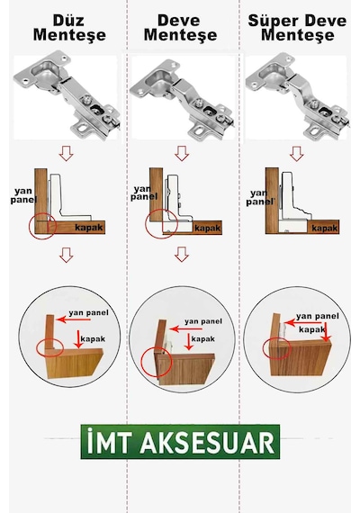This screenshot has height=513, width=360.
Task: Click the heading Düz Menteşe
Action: [69, 28]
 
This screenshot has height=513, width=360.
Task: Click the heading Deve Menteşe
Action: [180, 28]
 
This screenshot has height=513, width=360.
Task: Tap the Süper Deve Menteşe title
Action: [297, 28]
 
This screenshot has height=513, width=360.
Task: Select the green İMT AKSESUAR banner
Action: [180, 442]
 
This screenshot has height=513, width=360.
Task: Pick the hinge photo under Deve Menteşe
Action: [182, 98]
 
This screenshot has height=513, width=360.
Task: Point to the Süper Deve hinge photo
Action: [297, 96]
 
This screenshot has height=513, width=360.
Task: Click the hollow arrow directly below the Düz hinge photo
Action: [66, 153]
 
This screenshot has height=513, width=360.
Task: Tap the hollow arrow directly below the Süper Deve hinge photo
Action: [297, 153]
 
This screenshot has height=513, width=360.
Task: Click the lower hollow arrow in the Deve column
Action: [182, 254]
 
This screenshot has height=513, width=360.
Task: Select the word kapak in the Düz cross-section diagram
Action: [89, 228]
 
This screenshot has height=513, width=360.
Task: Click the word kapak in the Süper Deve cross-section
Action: [324, 228]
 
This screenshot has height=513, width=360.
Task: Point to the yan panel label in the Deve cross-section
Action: [144, 193]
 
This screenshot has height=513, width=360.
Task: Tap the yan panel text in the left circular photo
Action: [88, 313]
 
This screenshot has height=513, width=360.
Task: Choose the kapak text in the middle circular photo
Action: [202, 339]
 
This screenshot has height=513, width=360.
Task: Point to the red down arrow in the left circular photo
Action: [78, 339]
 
